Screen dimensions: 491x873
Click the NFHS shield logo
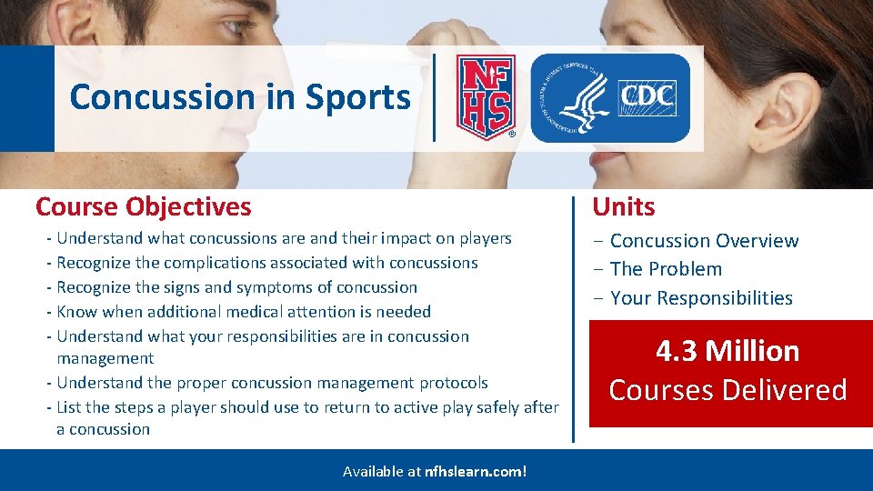point(485,97)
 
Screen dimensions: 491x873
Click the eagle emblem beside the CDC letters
point(574,98)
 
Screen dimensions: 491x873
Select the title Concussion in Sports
point(240,96)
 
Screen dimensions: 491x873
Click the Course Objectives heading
point(143,206)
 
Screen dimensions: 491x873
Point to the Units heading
point(624,206)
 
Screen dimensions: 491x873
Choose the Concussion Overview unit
point(704,241)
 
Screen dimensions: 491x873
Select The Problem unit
point(666,269)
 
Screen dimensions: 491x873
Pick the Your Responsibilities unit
point(701,298)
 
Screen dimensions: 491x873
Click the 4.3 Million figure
point(727,351)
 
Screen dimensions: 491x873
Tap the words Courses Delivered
point(727,390)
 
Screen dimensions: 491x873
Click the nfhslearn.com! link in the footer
point(476,471)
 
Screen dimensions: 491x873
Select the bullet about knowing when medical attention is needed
point(244,312)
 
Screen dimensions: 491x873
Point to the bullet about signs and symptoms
point(236,287)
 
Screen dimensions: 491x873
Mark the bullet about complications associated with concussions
point(267,263)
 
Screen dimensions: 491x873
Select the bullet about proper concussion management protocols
point(272,383)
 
